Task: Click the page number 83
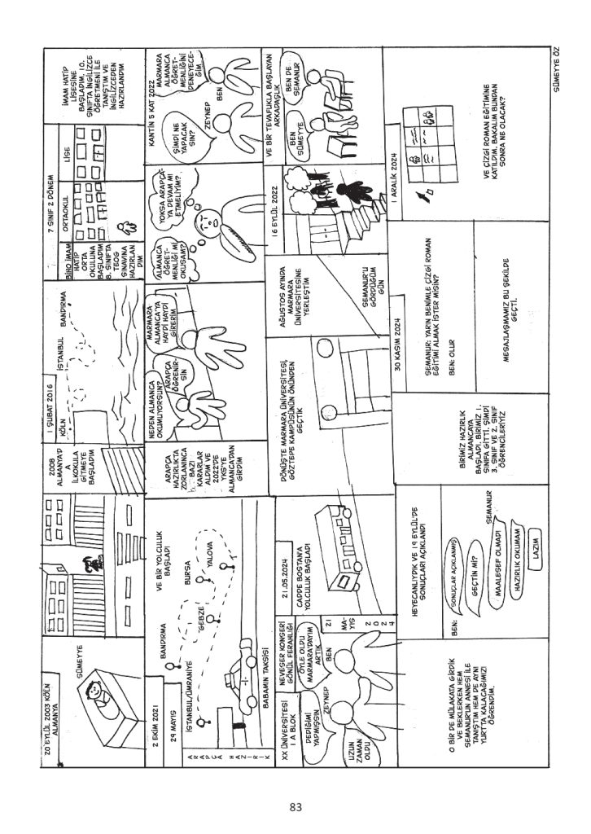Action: pyautogui.click(x=295, y=806)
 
